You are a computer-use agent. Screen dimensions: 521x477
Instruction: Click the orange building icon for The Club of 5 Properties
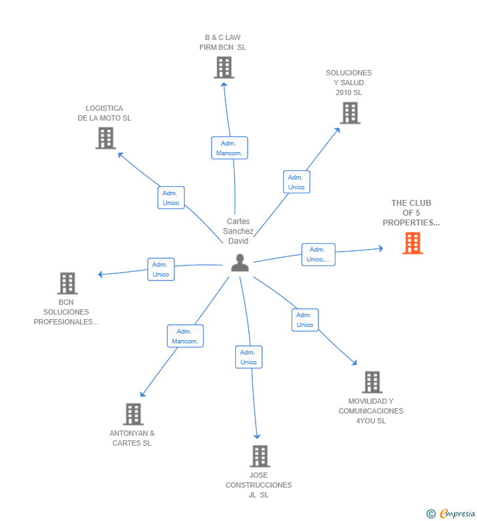[x=412, y=243]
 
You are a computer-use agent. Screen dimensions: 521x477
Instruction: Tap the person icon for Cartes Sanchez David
[x=240, y=263]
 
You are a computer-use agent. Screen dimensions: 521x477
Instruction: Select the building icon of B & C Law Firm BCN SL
[x=223, y=68]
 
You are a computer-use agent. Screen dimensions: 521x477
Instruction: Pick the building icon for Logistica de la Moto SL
[x=105, y=138]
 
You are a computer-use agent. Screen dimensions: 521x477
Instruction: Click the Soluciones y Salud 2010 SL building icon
[x=350, y=113]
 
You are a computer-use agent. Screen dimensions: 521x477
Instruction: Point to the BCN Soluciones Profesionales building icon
[x=67, y=283]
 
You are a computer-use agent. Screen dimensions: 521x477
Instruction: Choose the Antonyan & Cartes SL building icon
[x=133, y=414]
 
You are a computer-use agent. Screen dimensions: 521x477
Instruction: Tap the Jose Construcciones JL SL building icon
[x=259, y=455]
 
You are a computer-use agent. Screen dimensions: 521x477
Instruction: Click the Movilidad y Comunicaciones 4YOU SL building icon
[x=372, y=381]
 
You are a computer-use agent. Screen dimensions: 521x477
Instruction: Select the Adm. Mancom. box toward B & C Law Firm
[x=229, y=148]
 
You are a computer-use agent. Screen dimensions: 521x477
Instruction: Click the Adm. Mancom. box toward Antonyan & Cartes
[x=185, y=336]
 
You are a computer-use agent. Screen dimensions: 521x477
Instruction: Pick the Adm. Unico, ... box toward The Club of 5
[x=318, y=254]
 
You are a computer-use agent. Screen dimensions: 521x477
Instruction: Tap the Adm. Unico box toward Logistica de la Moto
[x=171, y=198]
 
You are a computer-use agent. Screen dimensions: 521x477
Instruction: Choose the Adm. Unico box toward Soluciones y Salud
[x=296, y=182]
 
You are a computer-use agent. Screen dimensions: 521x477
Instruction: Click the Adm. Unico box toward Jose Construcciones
[x=248, y=357]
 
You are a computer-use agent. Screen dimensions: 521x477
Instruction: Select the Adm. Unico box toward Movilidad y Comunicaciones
[x=305, y=320]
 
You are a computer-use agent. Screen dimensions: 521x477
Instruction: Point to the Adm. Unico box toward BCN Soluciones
[x=161, y=269]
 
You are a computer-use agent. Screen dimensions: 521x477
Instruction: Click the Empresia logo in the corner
[x=452, y=513]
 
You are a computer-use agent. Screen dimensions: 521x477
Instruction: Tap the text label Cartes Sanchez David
[x=238, y=231]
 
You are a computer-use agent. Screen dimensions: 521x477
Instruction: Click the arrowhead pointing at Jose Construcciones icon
[x=257, y=436]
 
